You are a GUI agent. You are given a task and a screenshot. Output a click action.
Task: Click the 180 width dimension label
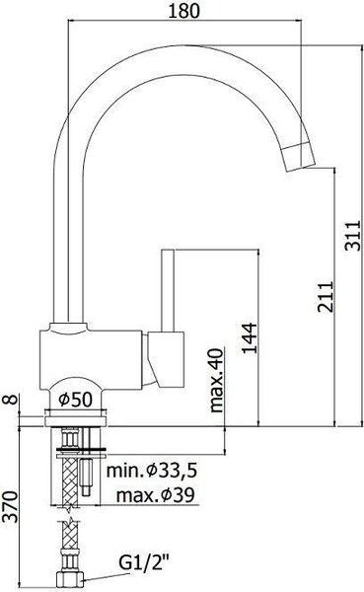click(183, 11)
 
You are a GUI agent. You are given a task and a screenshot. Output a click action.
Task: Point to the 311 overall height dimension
click(353, 236)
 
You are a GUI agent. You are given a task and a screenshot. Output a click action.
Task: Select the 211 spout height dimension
click(326, 296)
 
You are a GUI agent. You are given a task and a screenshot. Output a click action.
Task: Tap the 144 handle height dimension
click(250, 337)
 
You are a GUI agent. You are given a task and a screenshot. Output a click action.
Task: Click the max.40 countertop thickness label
click(216, 380)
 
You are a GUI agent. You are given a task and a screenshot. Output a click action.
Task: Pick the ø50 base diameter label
click(76, 400)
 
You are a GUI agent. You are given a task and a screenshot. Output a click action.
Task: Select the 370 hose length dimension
click(10, 507)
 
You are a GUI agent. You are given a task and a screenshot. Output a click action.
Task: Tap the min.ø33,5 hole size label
click(152, 471)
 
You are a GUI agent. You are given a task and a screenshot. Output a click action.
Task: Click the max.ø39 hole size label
click(155, 494)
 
